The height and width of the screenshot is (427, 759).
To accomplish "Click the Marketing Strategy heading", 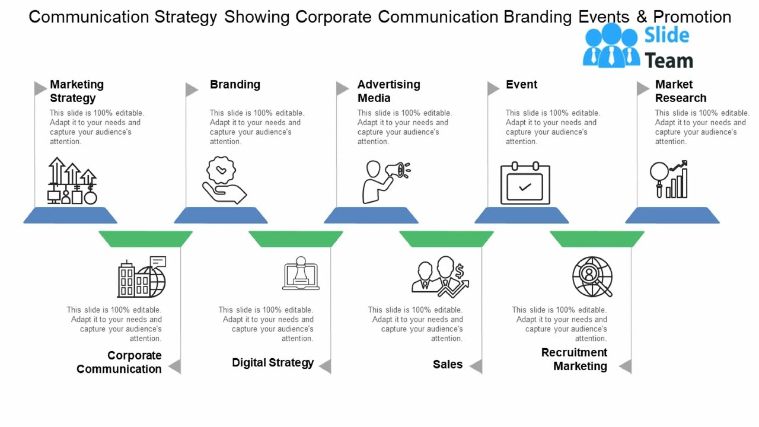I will [76, 91].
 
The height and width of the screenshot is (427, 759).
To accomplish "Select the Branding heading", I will [235, 85].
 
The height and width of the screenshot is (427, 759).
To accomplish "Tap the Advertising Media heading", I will [388, 91].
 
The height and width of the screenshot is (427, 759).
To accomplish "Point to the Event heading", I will [521, 85].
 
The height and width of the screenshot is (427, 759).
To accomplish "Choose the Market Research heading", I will [680, 91].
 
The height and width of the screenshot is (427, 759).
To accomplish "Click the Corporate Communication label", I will [119, 362].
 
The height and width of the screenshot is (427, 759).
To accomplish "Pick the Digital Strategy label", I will [273, 362].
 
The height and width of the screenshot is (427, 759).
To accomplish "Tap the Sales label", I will [447, 364].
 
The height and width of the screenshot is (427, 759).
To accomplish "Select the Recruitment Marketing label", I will [574, 359].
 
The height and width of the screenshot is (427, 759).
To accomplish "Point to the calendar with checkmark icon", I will [525, 184].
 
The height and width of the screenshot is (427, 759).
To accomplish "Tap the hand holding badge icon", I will [224, 180].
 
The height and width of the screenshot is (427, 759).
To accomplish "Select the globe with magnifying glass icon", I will [592, 276].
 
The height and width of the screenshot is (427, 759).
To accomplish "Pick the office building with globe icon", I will [142, 277].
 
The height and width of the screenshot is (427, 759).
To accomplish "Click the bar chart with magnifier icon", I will [669, 179].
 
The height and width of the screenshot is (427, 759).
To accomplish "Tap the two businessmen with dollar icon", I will [440, 276].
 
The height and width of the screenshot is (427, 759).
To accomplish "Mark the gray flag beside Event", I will [493, 89].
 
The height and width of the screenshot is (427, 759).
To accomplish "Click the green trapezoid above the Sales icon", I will [446, 239].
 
